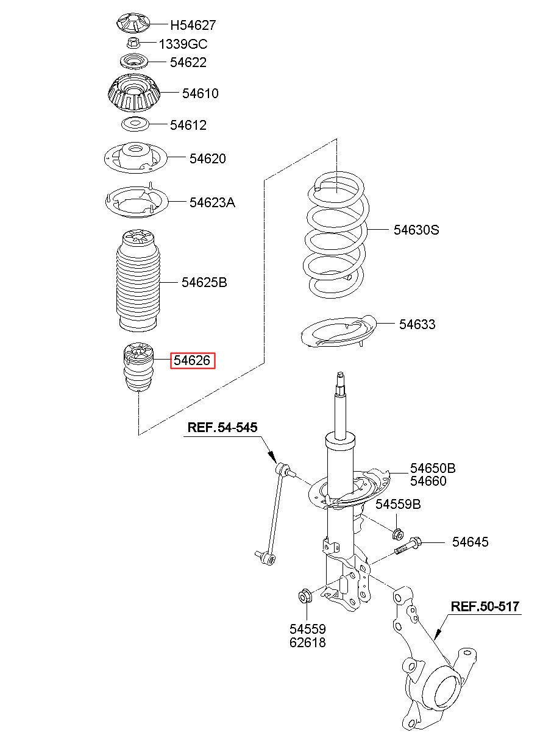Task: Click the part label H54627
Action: [x=193, y=26]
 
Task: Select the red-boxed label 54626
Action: [x=192, y=361]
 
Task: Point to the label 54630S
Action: [x=416, y=230]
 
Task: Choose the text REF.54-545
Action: [x=222, y=427]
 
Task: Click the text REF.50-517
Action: [x=485, y=606]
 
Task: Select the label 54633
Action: [x=417, y=324]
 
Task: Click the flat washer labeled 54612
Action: [x=135, y=125]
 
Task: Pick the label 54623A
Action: [x=211, y=202]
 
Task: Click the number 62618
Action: [x=307, y=642]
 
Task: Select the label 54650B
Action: [x=432, y=468]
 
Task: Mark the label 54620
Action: [x=207, y=158]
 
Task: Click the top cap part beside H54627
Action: [x=133, y=23]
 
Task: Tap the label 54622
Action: [x=188, y=62]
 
